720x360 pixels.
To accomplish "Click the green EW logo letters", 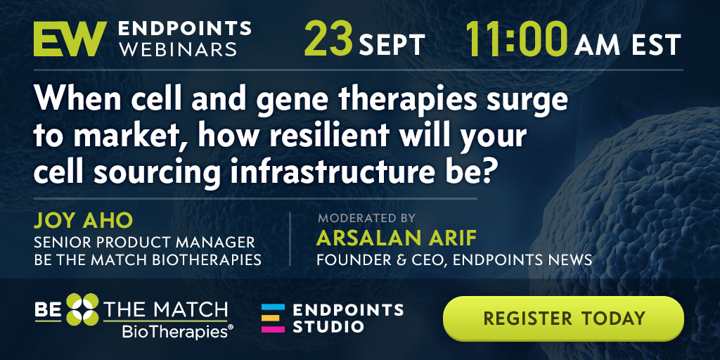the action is coord(70,39).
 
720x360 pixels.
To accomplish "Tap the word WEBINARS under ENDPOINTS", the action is coord(178,49).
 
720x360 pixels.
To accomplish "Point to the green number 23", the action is coord(329,39).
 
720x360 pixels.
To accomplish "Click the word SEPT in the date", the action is coord(392,46).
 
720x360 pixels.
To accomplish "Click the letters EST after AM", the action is coord(657,46).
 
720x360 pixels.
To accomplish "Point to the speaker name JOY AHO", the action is coord(83,221).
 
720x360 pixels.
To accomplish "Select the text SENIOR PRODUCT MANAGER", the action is coord(144,242).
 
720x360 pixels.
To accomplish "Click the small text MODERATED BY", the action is coord(366,218).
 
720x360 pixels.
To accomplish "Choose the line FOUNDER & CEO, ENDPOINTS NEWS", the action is coord(454,260).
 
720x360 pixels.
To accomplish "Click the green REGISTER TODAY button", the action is coord(563,319).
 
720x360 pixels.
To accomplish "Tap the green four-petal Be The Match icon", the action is coord(82,309).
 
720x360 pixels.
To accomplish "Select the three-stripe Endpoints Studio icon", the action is coord(273,318).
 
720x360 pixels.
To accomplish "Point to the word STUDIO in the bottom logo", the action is coord(328,326).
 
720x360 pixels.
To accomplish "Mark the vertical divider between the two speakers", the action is coord(290,238).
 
